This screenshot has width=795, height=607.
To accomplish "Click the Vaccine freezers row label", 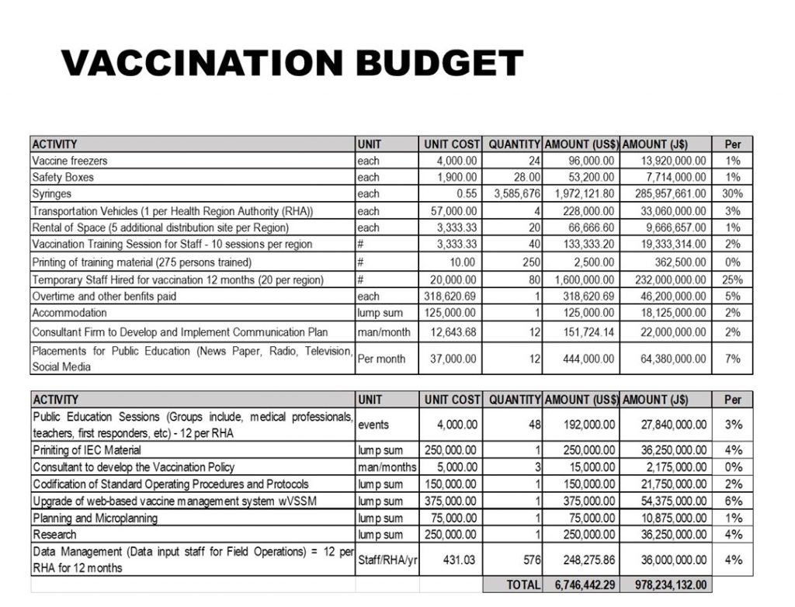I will point(70,161).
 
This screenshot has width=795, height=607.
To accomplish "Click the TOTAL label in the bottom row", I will point(523,584).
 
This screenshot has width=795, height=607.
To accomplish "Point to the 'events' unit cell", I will point(374,425).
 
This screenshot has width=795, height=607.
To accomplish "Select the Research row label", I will point(54,534).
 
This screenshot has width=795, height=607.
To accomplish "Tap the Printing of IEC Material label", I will point(87,450).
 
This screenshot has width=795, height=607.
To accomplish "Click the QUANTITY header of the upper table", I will point(514,144).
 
